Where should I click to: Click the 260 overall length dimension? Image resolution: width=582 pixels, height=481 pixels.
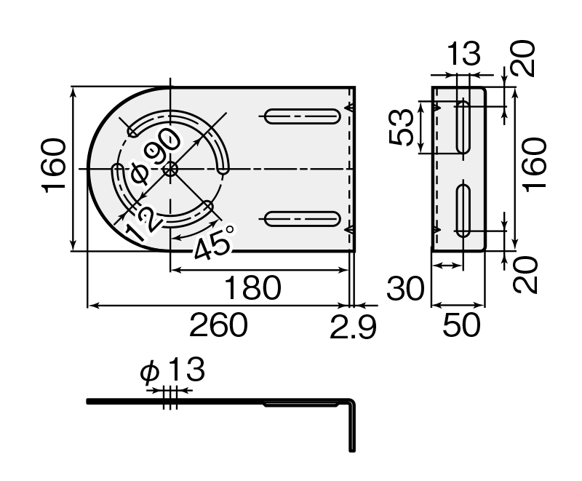[x=218, y=325]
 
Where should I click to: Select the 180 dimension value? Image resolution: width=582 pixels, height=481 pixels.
[x=253, y=287]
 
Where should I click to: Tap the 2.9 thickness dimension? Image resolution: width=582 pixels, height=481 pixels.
[x=353, y=327]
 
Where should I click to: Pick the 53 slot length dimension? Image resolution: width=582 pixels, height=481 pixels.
[x=402, y=127]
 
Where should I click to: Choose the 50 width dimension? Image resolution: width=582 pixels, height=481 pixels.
[x=461, y=325]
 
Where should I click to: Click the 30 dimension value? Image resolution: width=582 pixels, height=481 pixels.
[x=405, y=288]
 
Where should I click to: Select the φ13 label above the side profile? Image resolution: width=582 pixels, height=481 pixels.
[x=172, y=370]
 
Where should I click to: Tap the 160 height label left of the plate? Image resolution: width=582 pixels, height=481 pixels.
[x=53, y=165]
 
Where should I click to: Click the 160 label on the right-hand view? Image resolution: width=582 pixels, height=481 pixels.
[x=535, y=164]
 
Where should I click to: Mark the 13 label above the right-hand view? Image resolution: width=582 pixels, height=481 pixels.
[x=464, y=53]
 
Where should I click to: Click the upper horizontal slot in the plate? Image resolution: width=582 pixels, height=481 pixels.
[x=302, y=116]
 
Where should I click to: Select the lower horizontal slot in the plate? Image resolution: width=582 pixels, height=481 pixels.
[x=302, y=219]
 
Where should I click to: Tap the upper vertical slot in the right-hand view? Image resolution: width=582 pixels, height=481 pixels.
[x=463, y=127]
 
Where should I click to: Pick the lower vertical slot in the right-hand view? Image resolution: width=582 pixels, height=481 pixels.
[x=463, y=210]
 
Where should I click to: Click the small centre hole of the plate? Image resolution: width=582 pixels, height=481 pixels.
[x=170, y=170]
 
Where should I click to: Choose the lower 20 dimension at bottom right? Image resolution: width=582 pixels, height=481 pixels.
[x=525, y=274]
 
